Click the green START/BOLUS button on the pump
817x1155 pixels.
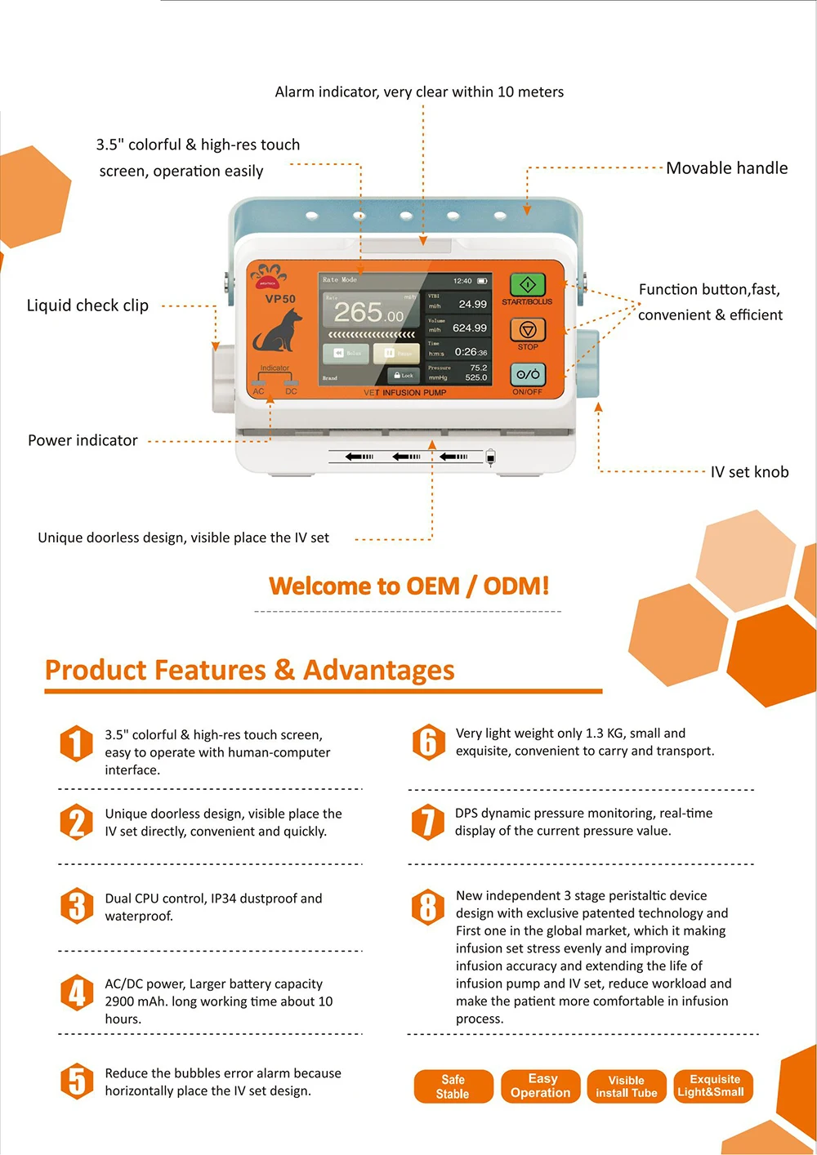point(528,285)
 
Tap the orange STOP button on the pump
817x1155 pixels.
point(528,330)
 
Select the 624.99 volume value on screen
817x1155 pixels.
point(469,328)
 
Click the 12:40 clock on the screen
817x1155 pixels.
point(462,281)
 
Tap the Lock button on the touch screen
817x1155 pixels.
point(404,376)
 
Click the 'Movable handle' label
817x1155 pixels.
point(726,168)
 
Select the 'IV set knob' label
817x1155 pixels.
point(749,472)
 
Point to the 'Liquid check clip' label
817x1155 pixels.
point(87,305)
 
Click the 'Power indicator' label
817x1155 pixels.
point(83,440)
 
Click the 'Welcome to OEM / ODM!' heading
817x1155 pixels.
point(408,586)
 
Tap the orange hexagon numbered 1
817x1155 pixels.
point(76,743)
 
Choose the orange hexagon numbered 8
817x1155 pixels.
point(427,907)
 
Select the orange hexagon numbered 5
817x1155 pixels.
point(76,1081)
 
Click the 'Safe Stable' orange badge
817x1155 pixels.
point(453,1086)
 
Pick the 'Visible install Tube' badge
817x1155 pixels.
point(626,1086)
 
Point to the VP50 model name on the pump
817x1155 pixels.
point(280,299)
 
